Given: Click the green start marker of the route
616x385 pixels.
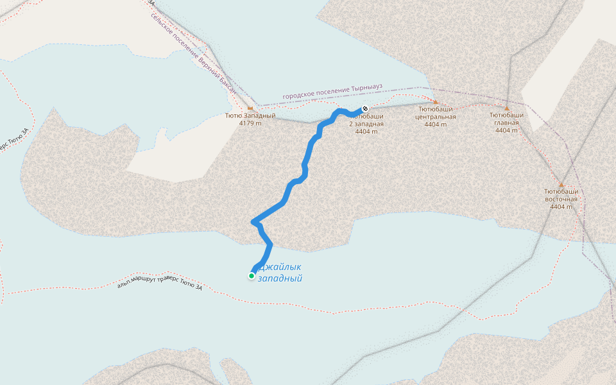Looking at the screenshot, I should [x=252, y=276].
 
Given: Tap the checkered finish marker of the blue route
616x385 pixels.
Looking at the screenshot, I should [x=365, y=108].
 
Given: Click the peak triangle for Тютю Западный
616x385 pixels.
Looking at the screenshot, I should [x=250, y=108].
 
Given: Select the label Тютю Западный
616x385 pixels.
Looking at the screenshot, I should [x=250, y=116].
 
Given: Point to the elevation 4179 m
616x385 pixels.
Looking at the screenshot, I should [x=250, y=123].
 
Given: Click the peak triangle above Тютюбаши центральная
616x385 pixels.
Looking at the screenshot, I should [x=436, y=101].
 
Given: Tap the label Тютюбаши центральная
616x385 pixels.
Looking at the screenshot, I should [x=436, y=113].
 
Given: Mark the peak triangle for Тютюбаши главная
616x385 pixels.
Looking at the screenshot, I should [x=507, y=108].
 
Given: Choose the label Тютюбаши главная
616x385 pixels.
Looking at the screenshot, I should [x=507, y=119].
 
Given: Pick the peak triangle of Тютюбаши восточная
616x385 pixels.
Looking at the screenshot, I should [x=561, y=184].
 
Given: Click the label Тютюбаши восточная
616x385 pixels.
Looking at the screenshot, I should [x=561, y=195].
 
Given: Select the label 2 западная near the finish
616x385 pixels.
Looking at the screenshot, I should [x=366, y=124].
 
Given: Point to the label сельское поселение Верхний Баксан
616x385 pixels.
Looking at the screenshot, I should [x=193, y=54].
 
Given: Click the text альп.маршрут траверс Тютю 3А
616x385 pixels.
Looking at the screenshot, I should [x=160, y=284].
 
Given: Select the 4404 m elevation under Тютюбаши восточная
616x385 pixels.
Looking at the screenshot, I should [x=561, y=207].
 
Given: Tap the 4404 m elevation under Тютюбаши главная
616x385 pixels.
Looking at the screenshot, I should [x=507, y=130].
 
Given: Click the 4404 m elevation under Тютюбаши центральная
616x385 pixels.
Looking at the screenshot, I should [x=436, y=124].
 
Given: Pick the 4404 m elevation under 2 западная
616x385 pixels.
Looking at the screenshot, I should [x=366, y=132].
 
